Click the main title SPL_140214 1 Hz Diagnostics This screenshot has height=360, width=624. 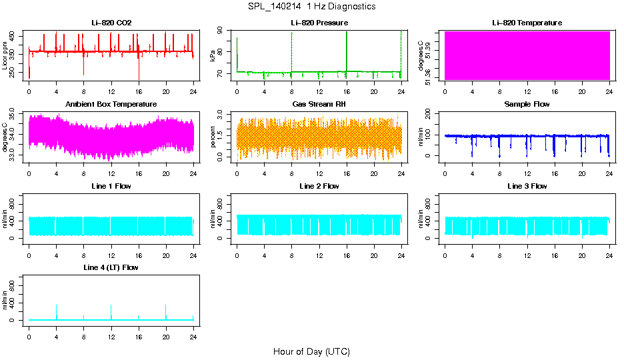pyautogui.click(x=311, y=7)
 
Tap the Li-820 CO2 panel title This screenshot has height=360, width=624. pyautogui.click(x=111, y=23)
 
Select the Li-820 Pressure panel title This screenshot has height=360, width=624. pyautogui.click(x=319, y=23)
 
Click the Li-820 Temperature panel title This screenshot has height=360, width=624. pyautogui.click(x=527, y=23)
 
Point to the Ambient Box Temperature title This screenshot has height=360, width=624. pyautogui.click(x=111, y=104)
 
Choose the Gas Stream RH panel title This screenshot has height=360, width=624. pyautogui.click(x=319, y=104)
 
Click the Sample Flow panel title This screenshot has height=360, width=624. pyautogui.click(x=527, y=104)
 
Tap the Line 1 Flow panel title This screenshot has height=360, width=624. pyautogui.click(x=111, y=186)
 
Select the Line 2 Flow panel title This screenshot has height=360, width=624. pyautogui.click(x=319, y=186)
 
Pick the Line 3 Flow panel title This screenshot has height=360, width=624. pyautogui.click(x=527, y=186)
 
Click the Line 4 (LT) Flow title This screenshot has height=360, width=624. pyautogui.click(x=111, y=267)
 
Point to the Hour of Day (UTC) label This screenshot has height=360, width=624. pyautogui.click(x=311, y=351)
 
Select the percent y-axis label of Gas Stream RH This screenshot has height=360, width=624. pyautogui.click(x=213, y=137)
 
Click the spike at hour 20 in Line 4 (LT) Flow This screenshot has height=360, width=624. pyautogui.click(x=166, y=307)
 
